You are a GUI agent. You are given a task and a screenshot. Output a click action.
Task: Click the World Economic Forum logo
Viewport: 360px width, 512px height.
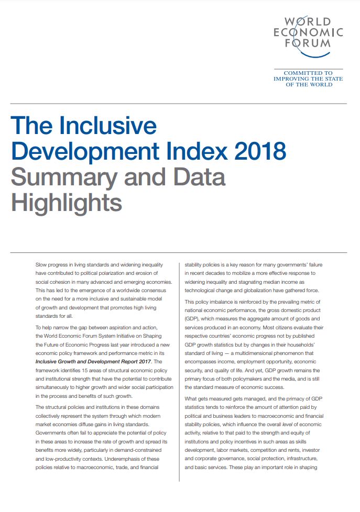[308, 32]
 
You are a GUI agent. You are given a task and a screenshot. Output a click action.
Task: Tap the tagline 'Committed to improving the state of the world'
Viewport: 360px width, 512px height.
[308, 79]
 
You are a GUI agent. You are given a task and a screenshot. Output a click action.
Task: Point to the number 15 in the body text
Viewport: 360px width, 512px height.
[80, 370]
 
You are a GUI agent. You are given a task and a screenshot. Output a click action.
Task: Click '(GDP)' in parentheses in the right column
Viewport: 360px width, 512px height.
[194, 318]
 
